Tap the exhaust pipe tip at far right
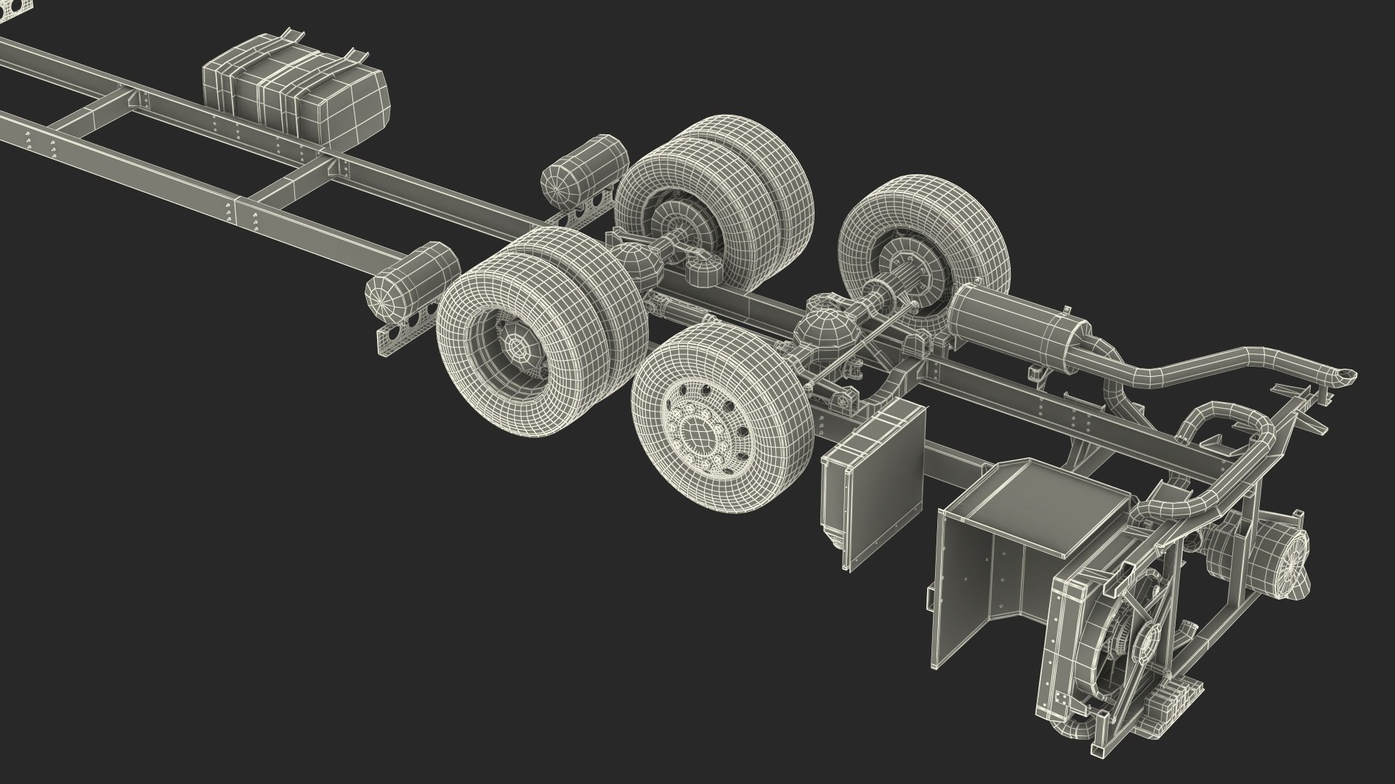1345,377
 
